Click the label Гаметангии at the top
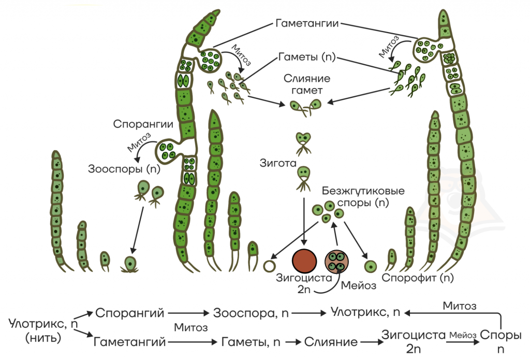(307, 23)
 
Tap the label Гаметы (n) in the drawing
(307, 56)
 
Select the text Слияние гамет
(307, 84)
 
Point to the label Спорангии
(143, 124)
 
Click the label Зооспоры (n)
(124, 168)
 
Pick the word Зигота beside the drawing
(278, 163)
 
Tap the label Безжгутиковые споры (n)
(363, 197)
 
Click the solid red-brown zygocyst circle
(304, 261)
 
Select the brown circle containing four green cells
(336, 262)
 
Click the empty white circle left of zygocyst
(269, 266)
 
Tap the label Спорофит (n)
(418, 278)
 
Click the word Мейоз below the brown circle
(358, 285)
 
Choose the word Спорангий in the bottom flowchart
(129, 313)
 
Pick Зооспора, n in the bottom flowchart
(251, 313)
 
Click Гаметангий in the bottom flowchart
(129, 342)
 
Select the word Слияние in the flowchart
(331, 342)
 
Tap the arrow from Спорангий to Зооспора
(188, 313)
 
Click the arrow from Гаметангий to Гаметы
(193, 342)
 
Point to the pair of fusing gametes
(305, 107)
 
